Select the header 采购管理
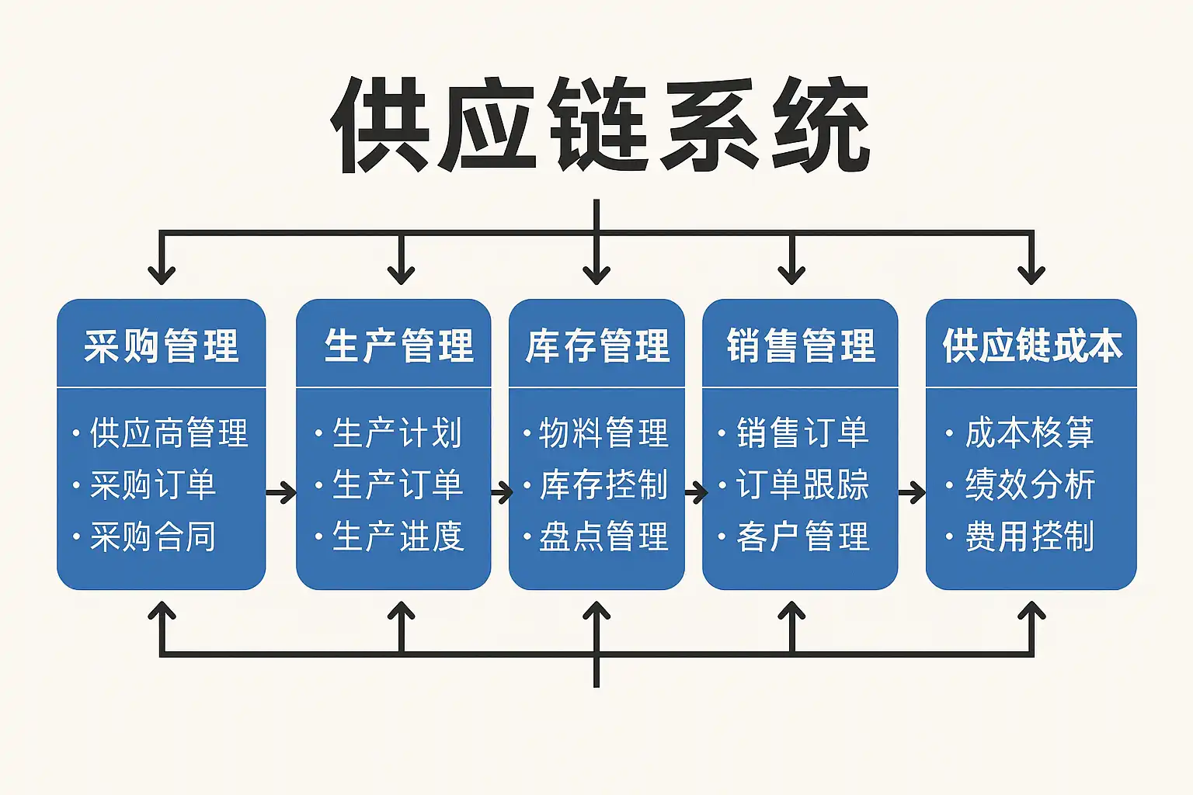click(x=161, y=345)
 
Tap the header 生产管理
click(x=398, y=345)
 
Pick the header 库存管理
click(x=596, y=345)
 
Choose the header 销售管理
click(x=800, y=345)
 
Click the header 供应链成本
click(x=1031, y=345)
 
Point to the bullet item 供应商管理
click(x=168, y=433)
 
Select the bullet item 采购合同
click(x=152, y=536)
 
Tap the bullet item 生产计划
click(x=397, y=433)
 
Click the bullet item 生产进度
click(x=397, y=536)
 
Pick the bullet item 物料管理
click(x=603, y=433)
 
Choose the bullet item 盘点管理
click(x=603, y=536)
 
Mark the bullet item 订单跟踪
click(x=802, y=485)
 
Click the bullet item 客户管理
click(x=802, y=536)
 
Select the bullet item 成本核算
click(x=1029, y=433)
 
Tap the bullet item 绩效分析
click(x=1029, y=485)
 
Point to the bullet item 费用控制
click(x=1029, y=536)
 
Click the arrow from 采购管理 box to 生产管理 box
click(x=281, y=492)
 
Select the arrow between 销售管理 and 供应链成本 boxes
click(x=912, y=492)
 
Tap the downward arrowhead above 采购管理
click(x=162, y=273)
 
